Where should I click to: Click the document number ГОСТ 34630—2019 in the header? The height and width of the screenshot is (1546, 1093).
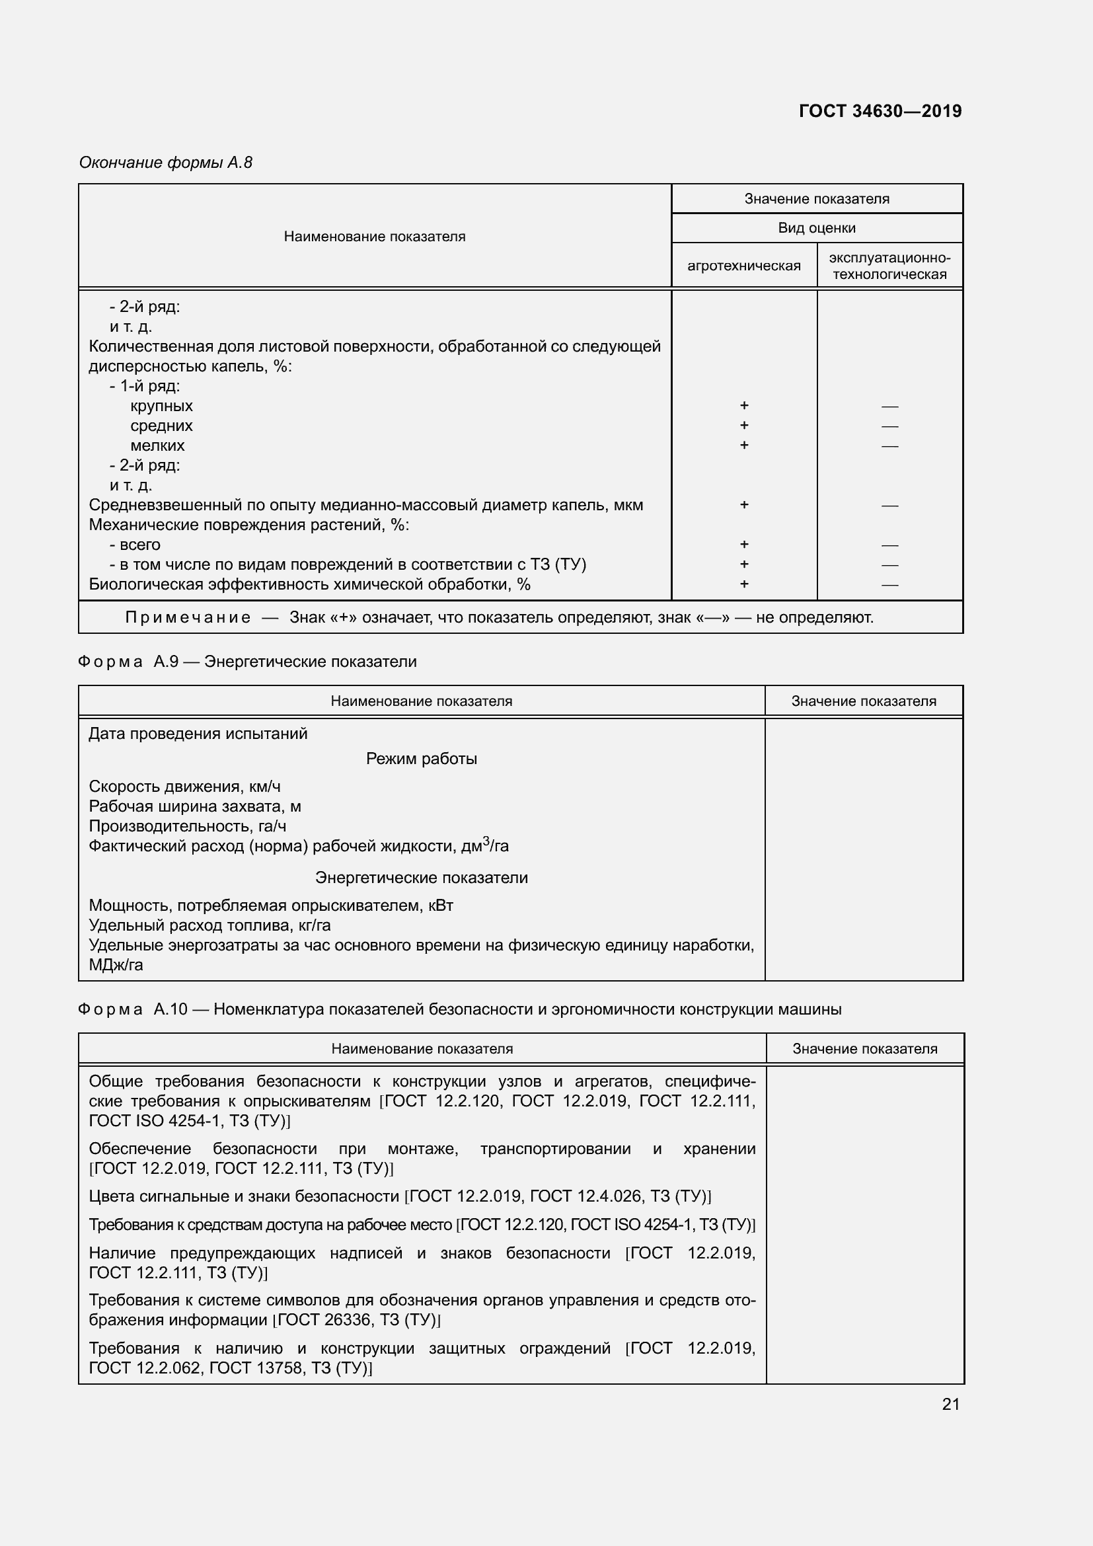pyautogui.click(x=880, y=111)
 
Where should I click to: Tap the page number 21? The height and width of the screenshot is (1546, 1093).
pyautogui.click(x=950, y=1404)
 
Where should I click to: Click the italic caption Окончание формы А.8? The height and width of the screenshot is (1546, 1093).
pyautogui.click(x=166, y=163)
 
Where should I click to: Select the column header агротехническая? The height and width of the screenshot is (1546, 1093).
pyautogui.click(x=743, y=266)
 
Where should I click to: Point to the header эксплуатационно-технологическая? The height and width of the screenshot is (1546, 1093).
pyautogui.click(x=889, y=266)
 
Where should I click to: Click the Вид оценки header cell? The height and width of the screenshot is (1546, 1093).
pyautogui.click(x=816, y=228)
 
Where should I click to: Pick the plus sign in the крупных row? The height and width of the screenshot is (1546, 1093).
pyautogui.click(x=743, y=405)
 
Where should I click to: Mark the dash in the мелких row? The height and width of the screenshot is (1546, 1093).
pyautogui.click(x=889, y=445)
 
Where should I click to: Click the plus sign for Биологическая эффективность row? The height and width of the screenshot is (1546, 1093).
pyautogui.click(x=743, y=584)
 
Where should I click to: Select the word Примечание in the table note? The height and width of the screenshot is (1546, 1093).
pyautogui.click(x=188, y=617)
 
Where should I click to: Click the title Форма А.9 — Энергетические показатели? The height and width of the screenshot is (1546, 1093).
pyautogui.click(x=247, y=662)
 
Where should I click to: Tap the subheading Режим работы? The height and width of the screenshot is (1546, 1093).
pyautogui.click(x=422, y=759)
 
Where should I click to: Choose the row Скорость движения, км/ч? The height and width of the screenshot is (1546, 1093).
pyautogui.click(x=184, y=787)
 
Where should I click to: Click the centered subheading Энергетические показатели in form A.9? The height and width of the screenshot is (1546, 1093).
pyautogui.click(x=422, y=878)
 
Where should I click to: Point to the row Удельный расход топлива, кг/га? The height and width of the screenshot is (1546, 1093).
pyautogui.click(x=209, y=925)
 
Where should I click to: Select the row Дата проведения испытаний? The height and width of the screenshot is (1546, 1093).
pyautogui.click(x=198, y=734)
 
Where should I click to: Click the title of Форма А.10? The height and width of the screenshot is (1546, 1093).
pyautogui.click(x=459, y=1009)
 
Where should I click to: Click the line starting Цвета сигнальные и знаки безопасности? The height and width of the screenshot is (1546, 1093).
pyautogui.click(x=400, y=1196)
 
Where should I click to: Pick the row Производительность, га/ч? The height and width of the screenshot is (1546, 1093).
pyautogui.click(x=187, y=826)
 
